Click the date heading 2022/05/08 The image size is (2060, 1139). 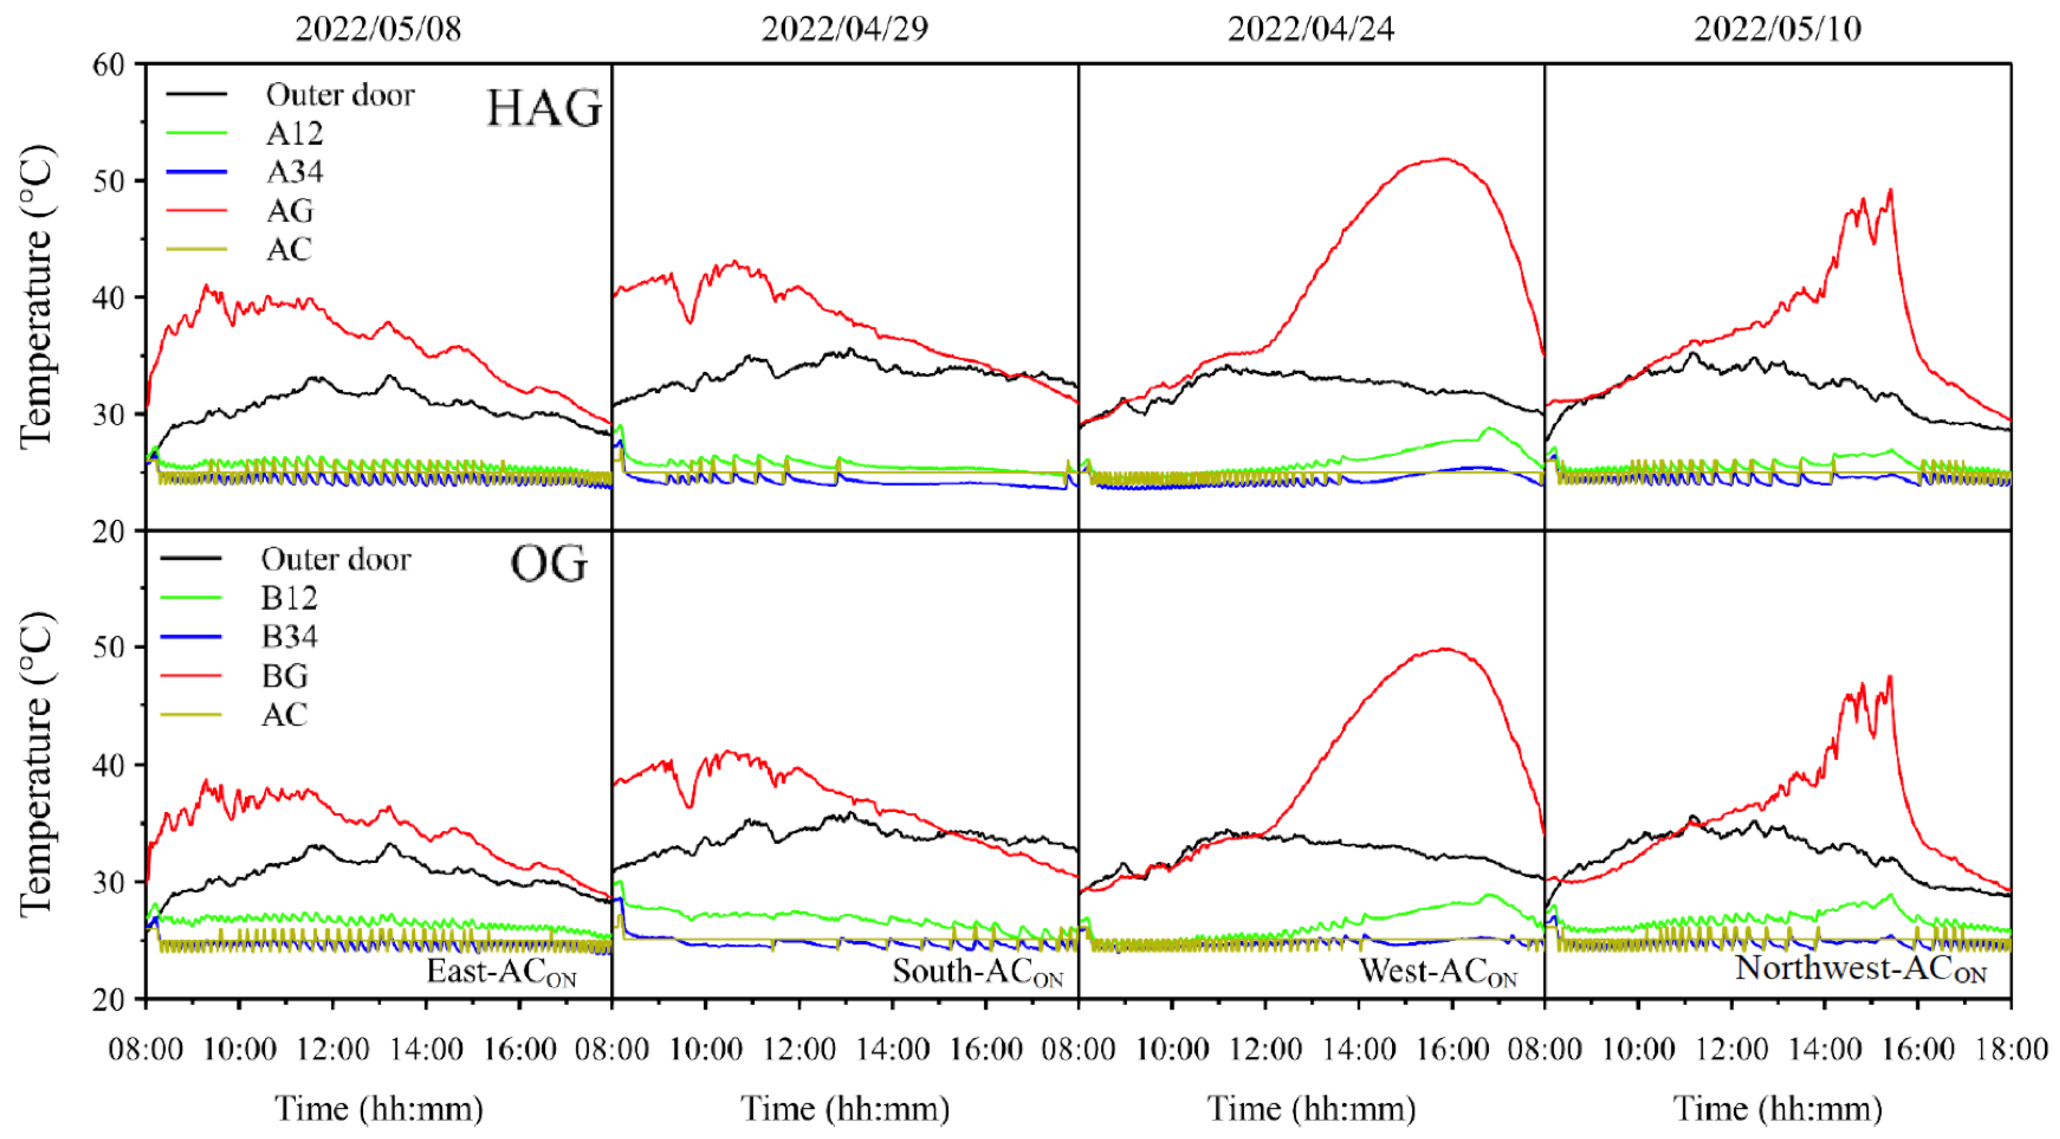[378, 29]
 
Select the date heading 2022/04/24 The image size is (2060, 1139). [1311, 29]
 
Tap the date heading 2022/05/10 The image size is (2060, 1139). [1777, 29]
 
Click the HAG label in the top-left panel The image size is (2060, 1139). [544, 109]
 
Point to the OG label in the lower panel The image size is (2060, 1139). [548, 565]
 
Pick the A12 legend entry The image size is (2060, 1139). [294, 133]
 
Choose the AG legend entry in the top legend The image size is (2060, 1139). [289, 210]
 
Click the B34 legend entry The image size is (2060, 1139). [289, 636]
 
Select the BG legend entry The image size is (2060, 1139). [285, 676]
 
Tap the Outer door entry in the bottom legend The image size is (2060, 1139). [336, 559]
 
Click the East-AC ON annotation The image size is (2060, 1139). [501, 972]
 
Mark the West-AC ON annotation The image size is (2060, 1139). [1438, 972]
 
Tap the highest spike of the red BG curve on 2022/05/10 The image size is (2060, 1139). [1890, 677]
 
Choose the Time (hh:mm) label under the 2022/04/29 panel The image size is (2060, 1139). [845, 1108]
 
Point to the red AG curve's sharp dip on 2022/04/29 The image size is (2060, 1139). [689, 322]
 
